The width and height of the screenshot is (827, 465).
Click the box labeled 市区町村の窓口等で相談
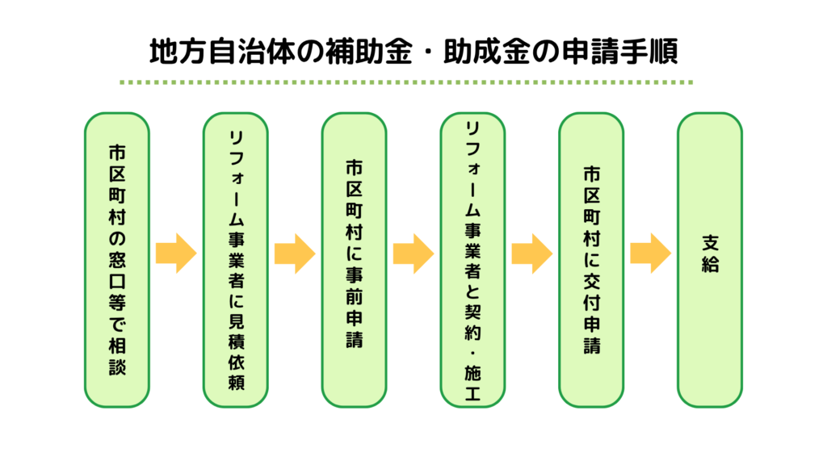[117, 258]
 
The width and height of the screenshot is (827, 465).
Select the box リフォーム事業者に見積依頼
[235, 258]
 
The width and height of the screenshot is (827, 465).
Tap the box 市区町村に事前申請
[354, 258]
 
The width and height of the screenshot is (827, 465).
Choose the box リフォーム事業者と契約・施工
[472, 258]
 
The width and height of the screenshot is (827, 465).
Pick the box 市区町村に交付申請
[591, 258]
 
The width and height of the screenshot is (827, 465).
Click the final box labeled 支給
[709, 258]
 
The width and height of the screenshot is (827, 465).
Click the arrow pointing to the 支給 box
[650, 253]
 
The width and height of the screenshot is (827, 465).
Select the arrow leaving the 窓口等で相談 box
[176, 253]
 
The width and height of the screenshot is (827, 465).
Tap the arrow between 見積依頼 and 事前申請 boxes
[295, 253]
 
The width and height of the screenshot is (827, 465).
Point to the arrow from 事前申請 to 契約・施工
[413, 253]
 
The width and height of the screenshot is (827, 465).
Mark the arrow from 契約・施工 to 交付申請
[531, 253]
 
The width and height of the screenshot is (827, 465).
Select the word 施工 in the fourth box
[472, 384]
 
